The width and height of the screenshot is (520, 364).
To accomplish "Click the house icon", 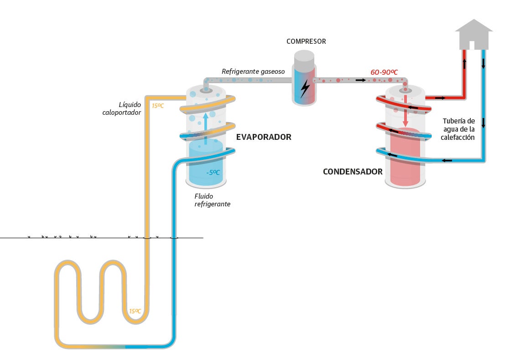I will [x=474, y=34].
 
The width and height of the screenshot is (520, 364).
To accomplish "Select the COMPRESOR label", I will [x=306, y=41].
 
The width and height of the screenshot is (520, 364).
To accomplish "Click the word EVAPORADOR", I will [x=263, y=137].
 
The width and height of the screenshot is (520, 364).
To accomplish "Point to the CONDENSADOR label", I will [x=353, y=172].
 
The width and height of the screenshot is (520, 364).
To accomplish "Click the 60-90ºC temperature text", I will [x=384, y=72].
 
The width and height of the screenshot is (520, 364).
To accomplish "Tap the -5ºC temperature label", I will [x=213, y=173].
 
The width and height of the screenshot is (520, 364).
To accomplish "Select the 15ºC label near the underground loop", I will [x=135, y=311].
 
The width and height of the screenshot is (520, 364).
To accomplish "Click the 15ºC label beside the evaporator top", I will [x=158, y=106].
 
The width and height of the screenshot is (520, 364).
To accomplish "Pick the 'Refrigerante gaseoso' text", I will [x=253, y=72].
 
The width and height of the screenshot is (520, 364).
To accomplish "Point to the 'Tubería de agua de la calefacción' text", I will [x=458, y=129].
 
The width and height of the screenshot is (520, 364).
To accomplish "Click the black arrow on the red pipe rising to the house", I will [x=465, y=64].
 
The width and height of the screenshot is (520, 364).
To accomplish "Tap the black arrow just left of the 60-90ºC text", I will [x=360, y=80].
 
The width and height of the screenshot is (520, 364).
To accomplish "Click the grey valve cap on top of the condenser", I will [x=405, y=90].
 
